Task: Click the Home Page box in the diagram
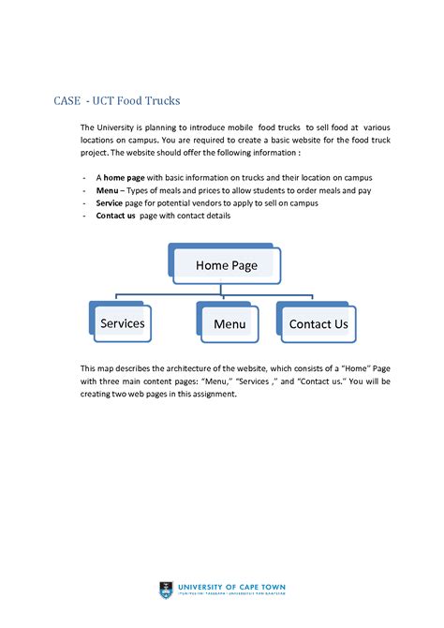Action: pos(226,265)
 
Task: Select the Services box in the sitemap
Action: pos(122,323)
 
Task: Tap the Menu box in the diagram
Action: pos(229,324)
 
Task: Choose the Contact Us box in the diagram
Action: pos(318,324)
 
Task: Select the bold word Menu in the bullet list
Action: pos(109,190)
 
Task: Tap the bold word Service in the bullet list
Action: pos(111,202)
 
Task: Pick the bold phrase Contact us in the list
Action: pos(116,216)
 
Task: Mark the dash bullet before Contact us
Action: pos(84,216)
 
